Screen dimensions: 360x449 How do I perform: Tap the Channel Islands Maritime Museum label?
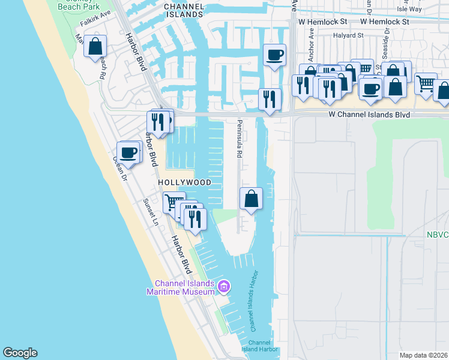pyautogui.click(x=184, y=288)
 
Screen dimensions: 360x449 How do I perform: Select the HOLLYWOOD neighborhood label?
pyautogui.click(x=184, y=182)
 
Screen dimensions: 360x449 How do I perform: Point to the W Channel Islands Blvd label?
pyautogui.click(x=369, y=114)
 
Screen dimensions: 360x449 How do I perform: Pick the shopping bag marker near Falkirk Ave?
pyautogui.click(x=95, y=46)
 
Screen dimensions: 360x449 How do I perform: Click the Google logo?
pyautogui.click(x=20, y=353)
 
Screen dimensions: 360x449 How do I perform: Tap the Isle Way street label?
pyautogui.click(x=427, y=9)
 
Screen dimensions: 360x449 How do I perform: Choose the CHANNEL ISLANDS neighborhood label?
pyautogui.click(x=183, y=10)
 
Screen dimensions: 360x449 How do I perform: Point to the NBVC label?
pyautogui.click(x=438, y=235)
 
